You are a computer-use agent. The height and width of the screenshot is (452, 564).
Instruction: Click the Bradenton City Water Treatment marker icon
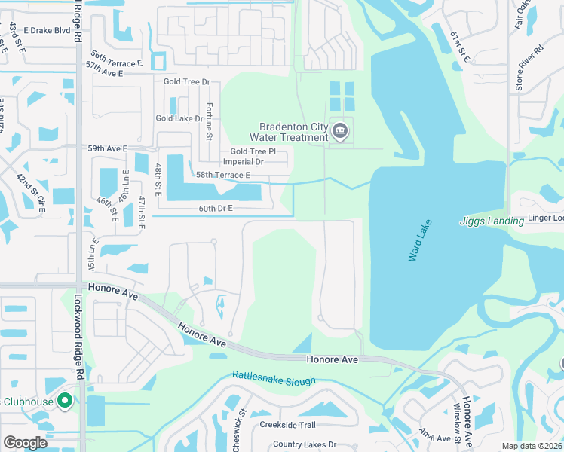pos(340,132)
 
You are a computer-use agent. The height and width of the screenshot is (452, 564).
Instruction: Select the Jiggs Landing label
pos(492,221)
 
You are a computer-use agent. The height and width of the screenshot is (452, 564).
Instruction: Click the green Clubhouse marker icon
pos(64,402)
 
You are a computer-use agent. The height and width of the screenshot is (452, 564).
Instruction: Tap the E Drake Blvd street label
pos(52,31)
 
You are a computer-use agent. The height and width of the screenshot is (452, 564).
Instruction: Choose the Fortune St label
pos(210,121)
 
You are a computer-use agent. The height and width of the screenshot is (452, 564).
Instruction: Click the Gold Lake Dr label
pos(179,118)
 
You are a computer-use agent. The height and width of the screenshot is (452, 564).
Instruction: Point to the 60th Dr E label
pos(216,208)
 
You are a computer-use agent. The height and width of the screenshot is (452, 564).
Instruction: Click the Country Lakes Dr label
pos(304,444)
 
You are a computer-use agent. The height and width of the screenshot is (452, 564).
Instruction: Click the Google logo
pos(25,442)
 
